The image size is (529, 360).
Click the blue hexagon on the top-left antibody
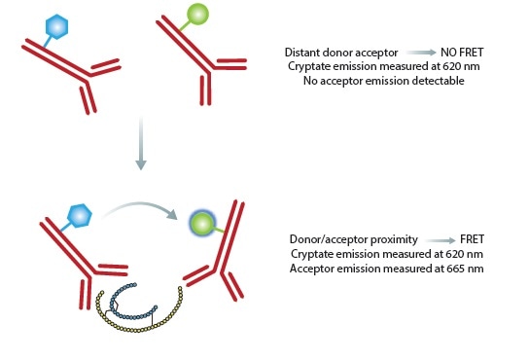[60, 24]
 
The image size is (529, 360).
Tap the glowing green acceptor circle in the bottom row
[200, 225]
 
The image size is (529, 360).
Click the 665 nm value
[440, 268]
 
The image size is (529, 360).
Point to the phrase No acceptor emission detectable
[374, 81]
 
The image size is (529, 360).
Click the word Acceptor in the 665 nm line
[312, 268]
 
